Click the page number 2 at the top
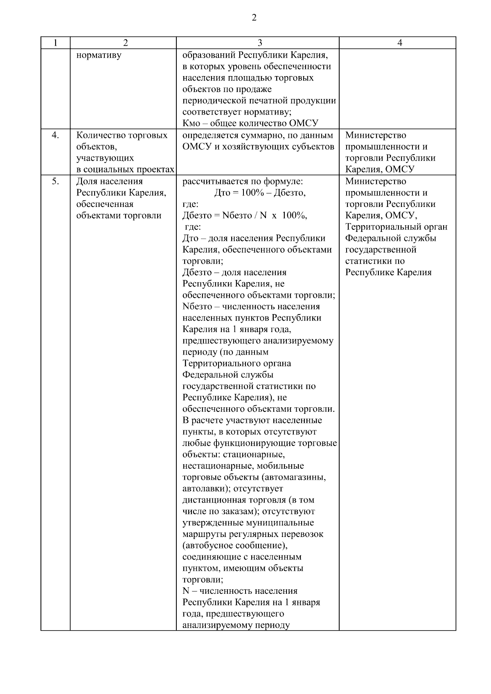click(x=254, y=18)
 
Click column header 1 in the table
click(x=55, y=43)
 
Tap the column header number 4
click(x=400, y=43)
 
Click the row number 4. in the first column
click(x=55, y=135)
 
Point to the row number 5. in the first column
click(x=55, y=181)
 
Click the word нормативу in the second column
click(x=99, y=55)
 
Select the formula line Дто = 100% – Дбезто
click(x=260, y=193)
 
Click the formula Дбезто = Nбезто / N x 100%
click(x=245, y=216)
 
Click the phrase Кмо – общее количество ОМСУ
click(x=250, y=124)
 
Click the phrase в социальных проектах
click(x=125, y=170)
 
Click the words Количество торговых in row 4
click(x=122, y=135)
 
